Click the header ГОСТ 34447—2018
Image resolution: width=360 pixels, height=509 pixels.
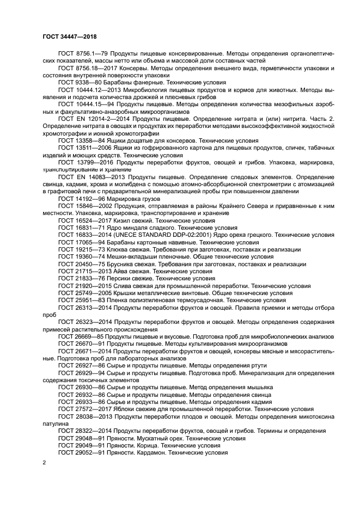(69, 36)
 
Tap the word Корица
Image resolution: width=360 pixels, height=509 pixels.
(154, 445)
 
